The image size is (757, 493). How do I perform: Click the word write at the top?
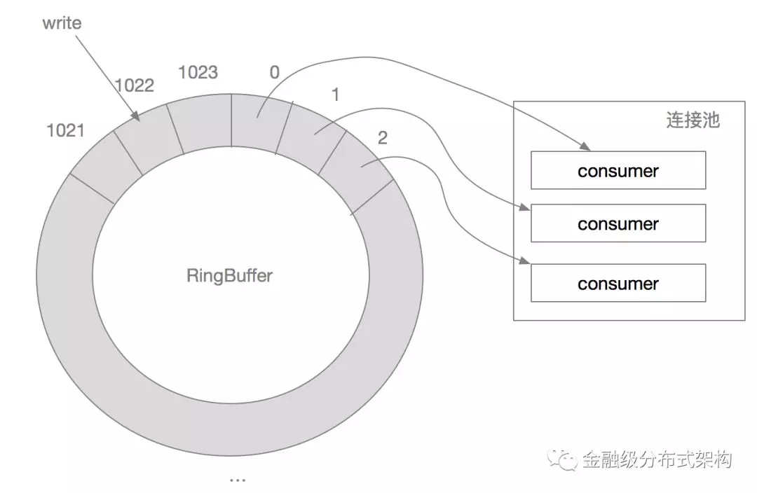click(62, 24)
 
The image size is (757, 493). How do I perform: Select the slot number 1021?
click(65, 130)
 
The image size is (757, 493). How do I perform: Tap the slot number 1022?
click(135, 85)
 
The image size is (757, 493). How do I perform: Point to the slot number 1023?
click(198, 72)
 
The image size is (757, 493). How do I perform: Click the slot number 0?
click(274, 72)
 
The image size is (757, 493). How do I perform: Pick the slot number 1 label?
click(335, 95)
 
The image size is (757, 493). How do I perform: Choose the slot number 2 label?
click(382, 138)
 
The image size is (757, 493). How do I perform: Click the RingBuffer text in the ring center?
click(229, 275)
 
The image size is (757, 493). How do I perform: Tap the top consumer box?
click(618, 171)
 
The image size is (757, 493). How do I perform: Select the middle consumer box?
click(618, 224)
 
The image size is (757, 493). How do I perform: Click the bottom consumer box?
click(618, 284)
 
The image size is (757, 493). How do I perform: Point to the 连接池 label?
click(692, 120)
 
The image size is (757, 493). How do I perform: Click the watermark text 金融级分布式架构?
click(657, 460)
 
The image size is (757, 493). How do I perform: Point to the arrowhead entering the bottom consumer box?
click(525, 263)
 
